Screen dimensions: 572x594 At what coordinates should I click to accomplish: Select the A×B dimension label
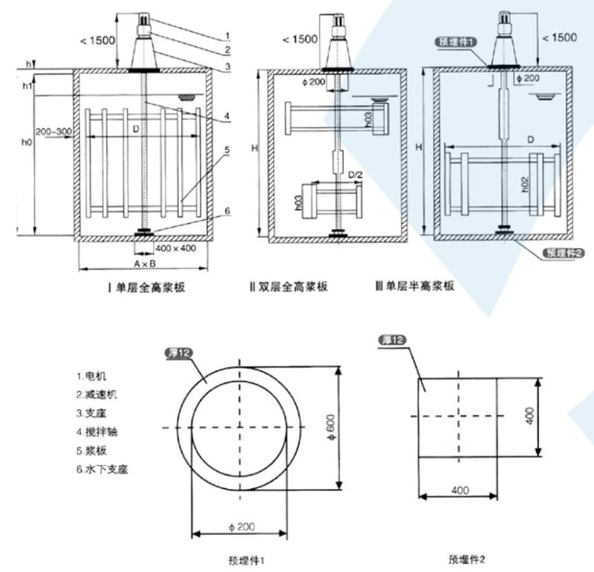coord(144,264)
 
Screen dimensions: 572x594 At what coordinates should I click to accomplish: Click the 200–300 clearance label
coord(53,131)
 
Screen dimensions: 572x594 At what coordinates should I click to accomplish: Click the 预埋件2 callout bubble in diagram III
coord(566,253)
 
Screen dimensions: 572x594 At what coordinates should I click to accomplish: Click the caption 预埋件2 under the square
coord(467,557)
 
